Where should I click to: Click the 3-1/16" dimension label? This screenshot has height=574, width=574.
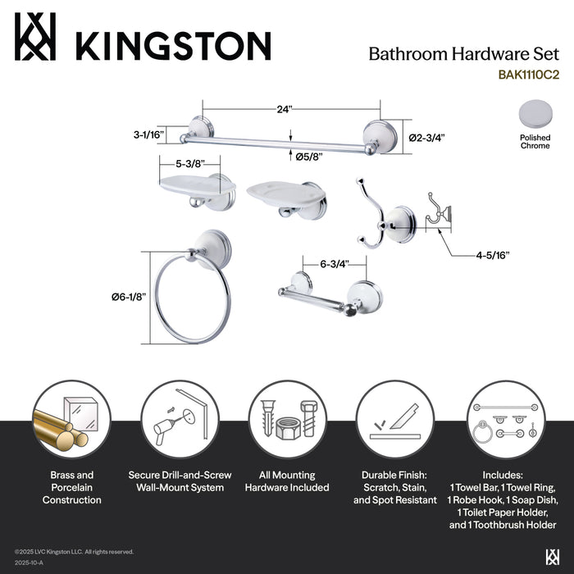tap(148, 134)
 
